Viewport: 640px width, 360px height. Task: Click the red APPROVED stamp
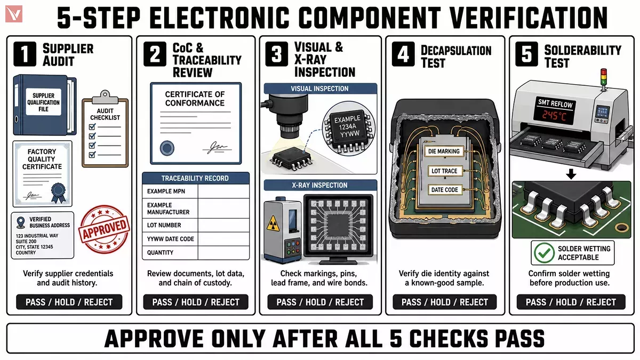105,229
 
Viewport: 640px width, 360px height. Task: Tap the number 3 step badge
276,54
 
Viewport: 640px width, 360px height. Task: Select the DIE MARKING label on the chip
443,151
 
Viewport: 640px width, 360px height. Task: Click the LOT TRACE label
444,171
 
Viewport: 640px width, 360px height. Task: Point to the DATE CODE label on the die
445,190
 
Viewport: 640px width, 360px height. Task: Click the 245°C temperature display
554,116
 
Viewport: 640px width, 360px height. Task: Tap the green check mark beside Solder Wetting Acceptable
544,253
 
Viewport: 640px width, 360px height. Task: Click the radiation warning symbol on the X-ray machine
273,223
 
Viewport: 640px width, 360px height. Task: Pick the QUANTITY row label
160,253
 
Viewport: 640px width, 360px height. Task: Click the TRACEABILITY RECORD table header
195,178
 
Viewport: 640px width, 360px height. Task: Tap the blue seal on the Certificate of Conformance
167,148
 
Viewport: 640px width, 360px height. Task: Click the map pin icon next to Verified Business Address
21,222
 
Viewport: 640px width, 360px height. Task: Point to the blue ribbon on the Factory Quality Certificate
59,193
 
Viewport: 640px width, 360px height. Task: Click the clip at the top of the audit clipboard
105,97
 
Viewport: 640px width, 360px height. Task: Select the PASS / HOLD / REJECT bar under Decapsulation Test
444,302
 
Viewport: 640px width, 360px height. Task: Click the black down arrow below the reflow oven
571,174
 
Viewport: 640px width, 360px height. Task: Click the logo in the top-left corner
14,14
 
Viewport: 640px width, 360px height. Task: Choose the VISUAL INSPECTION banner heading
319,89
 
